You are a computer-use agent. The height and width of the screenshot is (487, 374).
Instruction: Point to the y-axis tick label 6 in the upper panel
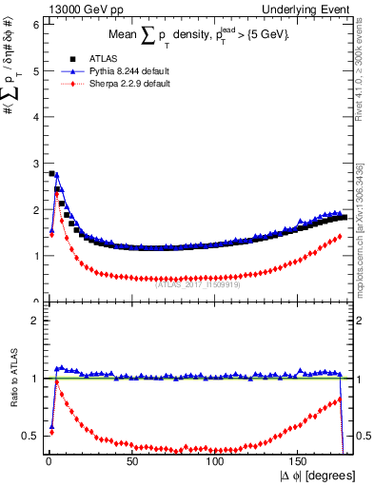coord(35,24)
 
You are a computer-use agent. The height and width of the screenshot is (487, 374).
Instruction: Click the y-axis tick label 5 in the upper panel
coord(35,70)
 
